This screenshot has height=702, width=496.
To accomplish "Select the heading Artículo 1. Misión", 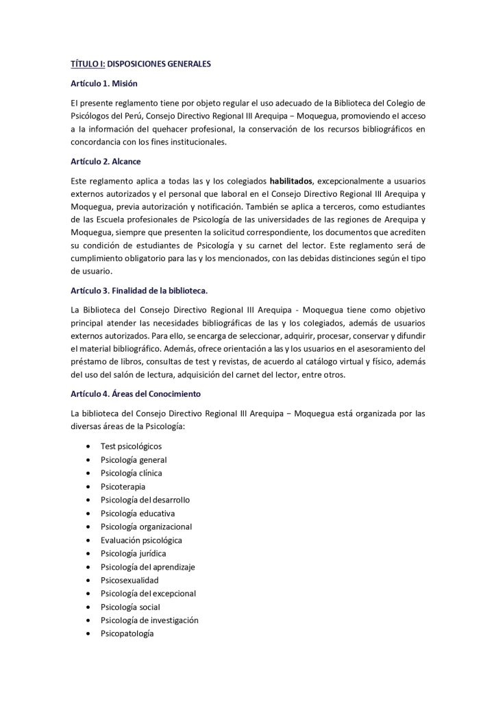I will tap(104, 83).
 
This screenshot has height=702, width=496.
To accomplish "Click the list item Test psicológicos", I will tap(131, 446).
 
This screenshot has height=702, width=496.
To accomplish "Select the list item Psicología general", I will tap(134, 460).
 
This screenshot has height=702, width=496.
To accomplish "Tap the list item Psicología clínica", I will tap(132, 473).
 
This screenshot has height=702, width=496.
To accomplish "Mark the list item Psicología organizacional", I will tap(146, 526).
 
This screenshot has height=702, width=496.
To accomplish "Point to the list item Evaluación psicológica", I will tap(141, 540).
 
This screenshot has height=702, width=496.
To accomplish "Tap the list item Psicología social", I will tap(130, 607).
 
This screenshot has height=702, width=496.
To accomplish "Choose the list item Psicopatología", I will tap(127, 633).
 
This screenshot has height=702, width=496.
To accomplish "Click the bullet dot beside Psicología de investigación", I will tap(89, 620).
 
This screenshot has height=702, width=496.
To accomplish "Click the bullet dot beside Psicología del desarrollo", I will tap(89, 500).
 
